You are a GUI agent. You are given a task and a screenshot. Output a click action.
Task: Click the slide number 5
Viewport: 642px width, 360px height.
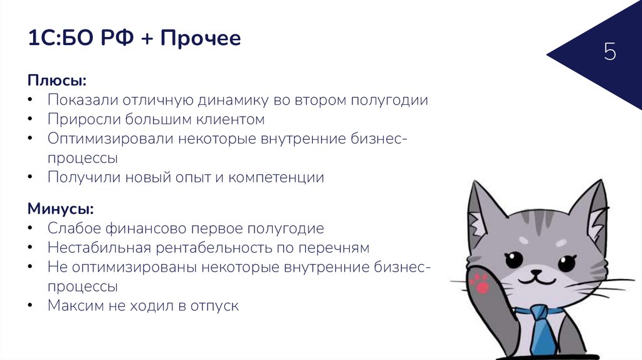pos(610,52)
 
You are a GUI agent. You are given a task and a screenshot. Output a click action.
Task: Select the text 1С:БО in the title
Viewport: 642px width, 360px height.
pos(58,39)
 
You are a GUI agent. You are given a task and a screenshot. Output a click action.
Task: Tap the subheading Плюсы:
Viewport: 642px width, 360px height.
pos(56,81)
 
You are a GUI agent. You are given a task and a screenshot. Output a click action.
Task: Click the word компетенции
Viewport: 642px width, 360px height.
pos(276,177)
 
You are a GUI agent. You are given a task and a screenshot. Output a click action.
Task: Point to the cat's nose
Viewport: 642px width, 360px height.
pos(536,272)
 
